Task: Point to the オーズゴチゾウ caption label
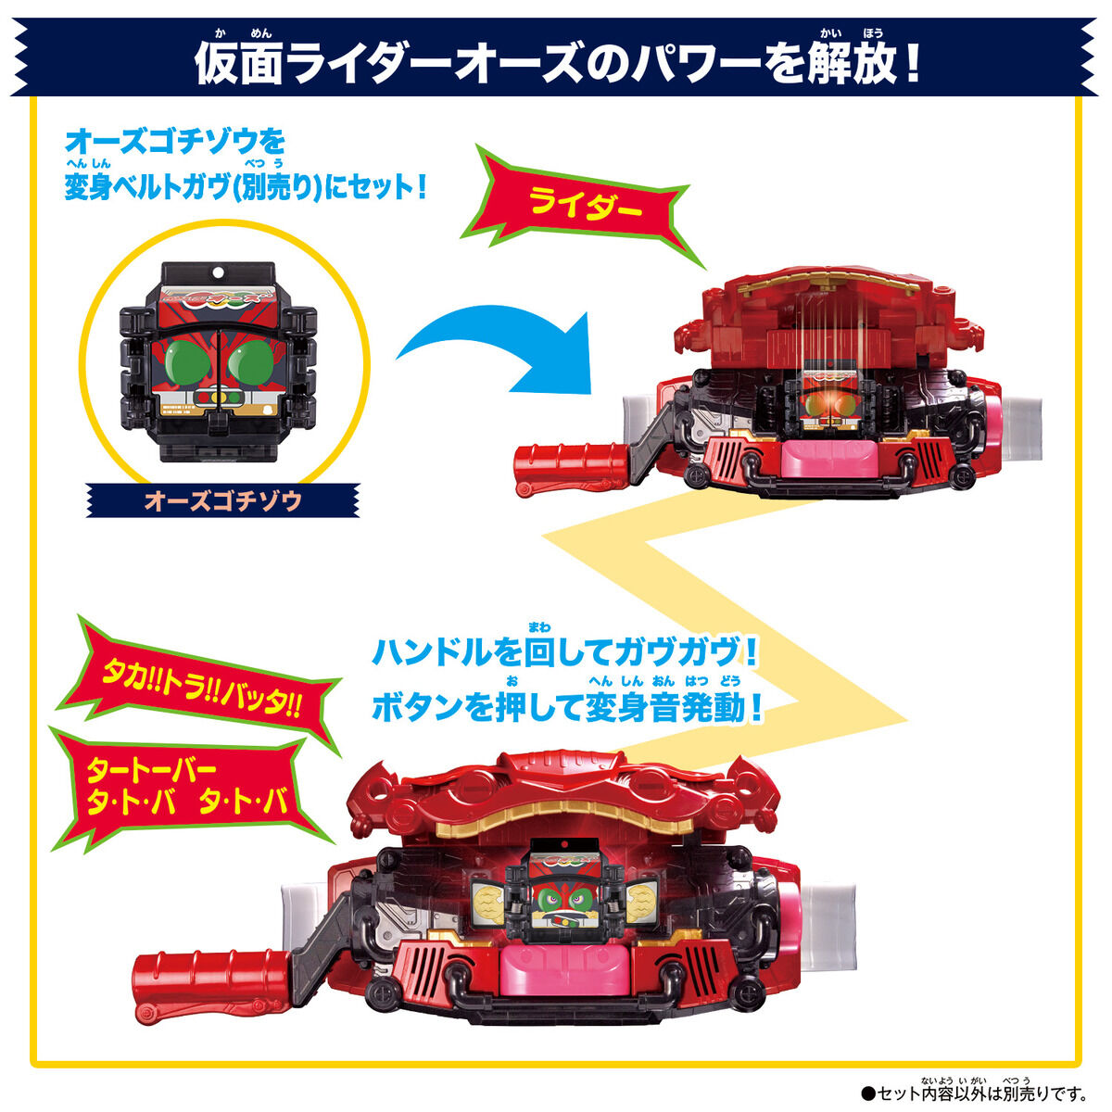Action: tap(222, 501)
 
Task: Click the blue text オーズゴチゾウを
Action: tap(176, 142)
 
